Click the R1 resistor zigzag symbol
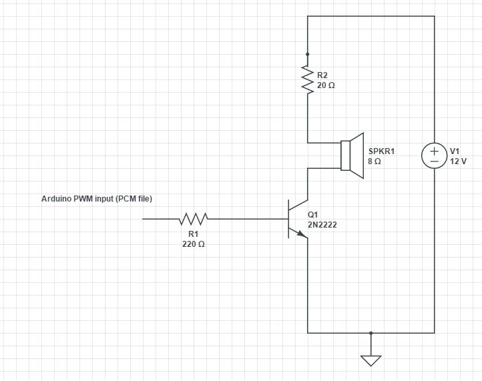click(x=194, y=219)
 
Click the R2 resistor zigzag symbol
click(x=307, y=79)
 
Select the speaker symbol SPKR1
click(x=352, y=155)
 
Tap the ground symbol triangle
click(x=371, y=361)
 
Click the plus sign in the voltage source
click(x=434, y=151)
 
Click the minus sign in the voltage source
click(x=434, y=161)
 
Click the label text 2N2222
click(x=322, y=225)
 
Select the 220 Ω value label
click(x=194, y=244)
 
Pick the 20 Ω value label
click(x=326, y=85)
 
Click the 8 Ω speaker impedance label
click(x=375, y=161)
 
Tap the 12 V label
click(x=459, y=161)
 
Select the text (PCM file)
click(x=134, y=199)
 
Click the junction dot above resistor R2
click(x=307, y=54)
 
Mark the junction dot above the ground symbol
click(x=371, y=333)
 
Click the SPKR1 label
click(x=381, y=151)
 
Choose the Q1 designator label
click(x=312, y=214)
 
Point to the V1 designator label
click(x=455, y=151)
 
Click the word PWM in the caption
click(x=83, y=198)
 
